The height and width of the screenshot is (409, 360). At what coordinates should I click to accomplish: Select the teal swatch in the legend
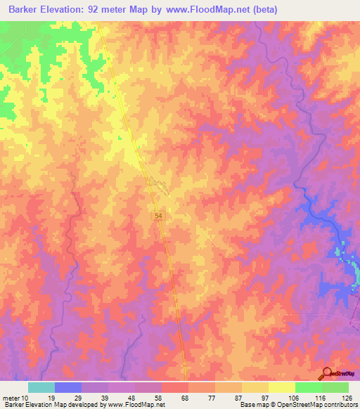tap(41, 387)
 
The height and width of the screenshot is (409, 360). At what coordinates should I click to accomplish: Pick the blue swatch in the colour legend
tap(68, 387)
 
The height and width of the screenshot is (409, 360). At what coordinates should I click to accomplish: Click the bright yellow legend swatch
tap(281, 387)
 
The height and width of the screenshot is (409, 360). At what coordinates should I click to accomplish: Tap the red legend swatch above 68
tap(174, 387)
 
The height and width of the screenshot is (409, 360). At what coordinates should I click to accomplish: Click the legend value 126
tap(345, 397)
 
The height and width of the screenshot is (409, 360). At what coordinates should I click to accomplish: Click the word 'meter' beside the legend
tap(11, 397)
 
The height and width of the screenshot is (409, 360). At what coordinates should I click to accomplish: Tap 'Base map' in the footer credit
tap(252, 405)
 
